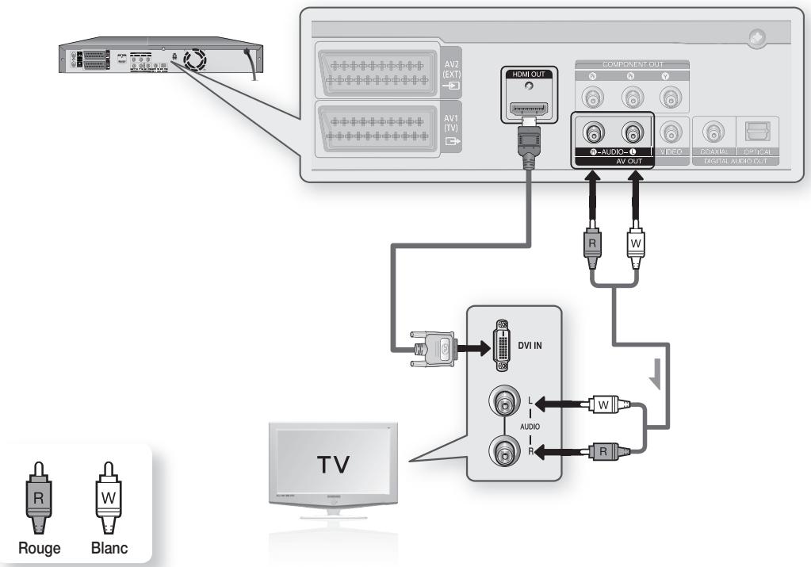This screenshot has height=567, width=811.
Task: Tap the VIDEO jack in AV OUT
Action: [671, 132]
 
